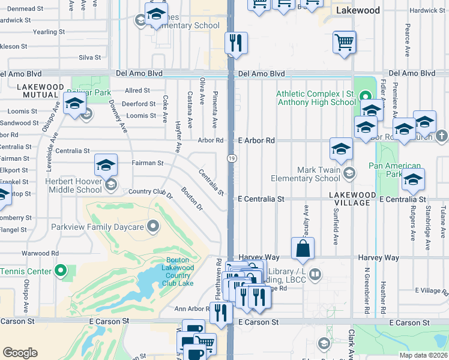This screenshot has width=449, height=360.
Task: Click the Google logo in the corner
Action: (x=20, y=353)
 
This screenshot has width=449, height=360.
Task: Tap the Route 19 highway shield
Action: (x=231, y=157)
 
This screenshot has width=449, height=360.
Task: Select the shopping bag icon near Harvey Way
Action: (x=303, y=249)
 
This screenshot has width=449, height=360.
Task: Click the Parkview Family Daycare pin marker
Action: (x=153, y=227)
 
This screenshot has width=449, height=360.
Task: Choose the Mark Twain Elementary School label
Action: (x=306, y=174)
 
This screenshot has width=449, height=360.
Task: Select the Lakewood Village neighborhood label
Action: (x=352, y=199)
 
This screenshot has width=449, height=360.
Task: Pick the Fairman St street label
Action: (x=147, y=163)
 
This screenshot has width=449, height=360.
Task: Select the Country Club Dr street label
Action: (x=151, y=193)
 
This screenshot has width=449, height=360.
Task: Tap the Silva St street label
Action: (x=89, y=58)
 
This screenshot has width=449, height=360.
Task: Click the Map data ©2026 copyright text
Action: (x=423, y=355)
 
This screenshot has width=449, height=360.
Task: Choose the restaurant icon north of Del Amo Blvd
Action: (x=235, y=43)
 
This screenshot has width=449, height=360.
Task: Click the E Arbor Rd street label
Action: (x=256, y=140)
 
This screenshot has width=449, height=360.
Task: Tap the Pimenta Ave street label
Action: (x=215, y=109)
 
